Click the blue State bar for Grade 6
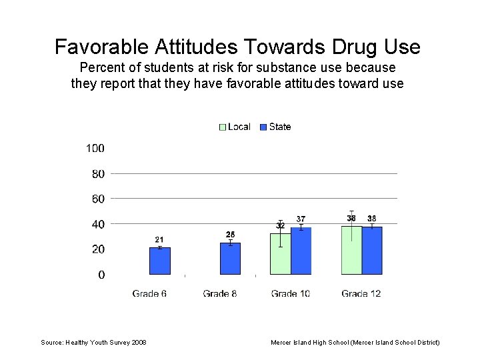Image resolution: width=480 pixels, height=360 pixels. point(160,261)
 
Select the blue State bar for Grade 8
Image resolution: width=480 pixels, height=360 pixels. point(230,259)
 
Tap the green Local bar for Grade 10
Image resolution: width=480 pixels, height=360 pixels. point(280,254)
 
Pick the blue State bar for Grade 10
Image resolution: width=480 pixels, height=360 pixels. point(301,251)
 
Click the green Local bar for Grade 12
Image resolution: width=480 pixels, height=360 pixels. point(351,250)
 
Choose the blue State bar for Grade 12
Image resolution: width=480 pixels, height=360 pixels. point(372,250)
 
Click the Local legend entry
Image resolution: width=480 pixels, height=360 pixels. point(235,127)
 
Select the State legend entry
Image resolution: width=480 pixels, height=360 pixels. point(275,127)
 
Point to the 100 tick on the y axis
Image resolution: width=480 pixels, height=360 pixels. point(95,148)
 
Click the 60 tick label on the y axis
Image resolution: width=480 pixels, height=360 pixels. point(97,199)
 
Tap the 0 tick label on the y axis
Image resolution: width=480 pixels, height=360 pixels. point(101,275)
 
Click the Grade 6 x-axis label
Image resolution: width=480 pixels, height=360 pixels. point(149,293)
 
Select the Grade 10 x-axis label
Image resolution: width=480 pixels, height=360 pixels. point(290,293)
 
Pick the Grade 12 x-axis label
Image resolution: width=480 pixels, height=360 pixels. point(361,293)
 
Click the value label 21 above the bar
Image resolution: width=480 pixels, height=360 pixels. point(159,239)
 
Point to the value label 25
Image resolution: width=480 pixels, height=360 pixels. point(230,234)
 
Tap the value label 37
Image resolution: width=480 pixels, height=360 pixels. point(301,219)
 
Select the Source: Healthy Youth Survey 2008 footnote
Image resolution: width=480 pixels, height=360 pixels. point(93,342)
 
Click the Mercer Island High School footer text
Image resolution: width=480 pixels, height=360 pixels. point(355,342)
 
